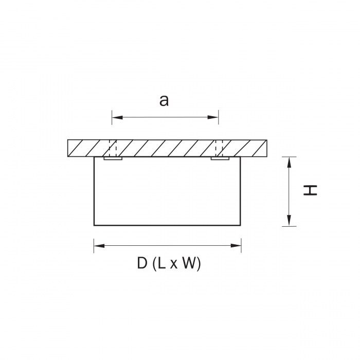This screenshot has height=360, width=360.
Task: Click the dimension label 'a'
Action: [164, 101]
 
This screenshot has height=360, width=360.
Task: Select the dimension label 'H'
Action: [310, 190]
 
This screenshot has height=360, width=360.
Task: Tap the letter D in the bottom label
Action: [142, 263]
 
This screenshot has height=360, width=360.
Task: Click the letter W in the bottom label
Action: [189, 263]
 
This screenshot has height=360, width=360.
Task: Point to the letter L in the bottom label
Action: [161, 263]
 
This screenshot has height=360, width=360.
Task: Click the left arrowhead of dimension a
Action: [117, 117]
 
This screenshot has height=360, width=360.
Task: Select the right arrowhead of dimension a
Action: [213, 117]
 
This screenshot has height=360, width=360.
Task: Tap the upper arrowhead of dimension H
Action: [289, 163]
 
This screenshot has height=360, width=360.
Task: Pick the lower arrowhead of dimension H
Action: [289, 221]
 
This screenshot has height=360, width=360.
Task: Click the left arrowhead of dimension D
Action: [99, 246]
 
